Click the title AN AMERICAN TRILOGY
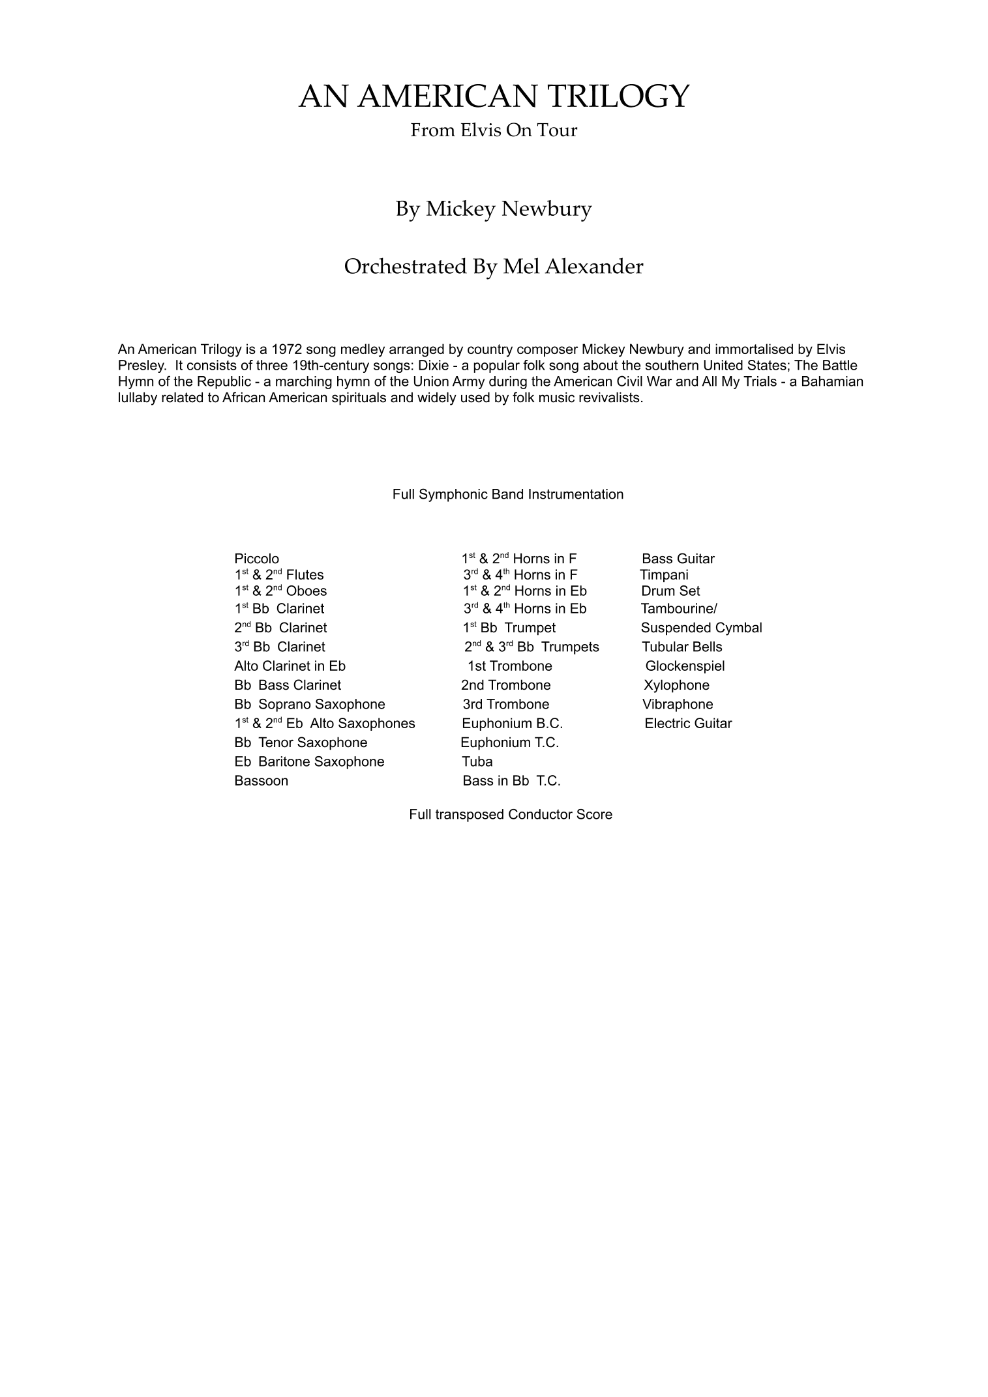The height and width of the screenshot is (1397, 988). tap(494, 96)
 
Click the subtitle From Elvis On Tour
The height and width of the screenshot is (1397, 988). tap(494, 130)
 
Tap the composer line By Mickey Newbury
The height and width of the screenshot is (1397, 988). tap(494, 209)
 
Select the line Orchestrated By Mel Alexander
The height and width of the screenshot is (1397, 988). tap(494, 267)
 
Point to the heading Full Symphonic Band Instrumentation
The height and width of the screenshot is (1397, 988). tap(507, 494)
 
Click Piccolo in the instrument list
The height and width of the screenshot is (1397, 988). tap(256, 559)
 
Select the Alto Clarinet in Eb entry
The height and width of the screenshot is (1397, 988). tap(290, 666)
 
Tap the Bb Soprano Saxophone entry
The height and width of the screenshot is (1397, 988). tap(310, 704)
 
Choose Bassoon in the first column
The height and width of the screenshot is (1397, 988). tap(261, 781)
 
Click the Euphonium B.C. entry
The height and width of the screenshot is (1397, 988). tap(512, 724)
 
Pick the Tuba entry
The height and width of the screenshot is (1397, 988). tap(477, 761)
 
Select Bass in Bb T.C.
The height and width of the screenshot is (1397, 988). tap(511, 781)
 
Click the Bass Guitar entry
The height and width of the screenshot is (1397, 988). tap(678, 559)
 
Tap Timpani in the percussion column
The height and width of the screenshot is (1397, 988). tap(664, 575)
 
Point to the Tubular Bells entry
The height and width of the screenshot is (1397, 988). tap(681, 647)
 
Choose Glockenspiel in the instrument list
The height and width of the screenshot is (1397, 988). tap(685, 666)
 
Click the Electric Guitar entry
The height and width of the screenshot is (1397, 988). tap(688, 724)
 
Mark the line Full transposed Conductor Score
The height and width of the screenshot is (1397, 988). tap(511, 814)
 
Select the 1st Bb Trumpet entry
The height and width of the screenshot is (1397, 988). tap(509, 628)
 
